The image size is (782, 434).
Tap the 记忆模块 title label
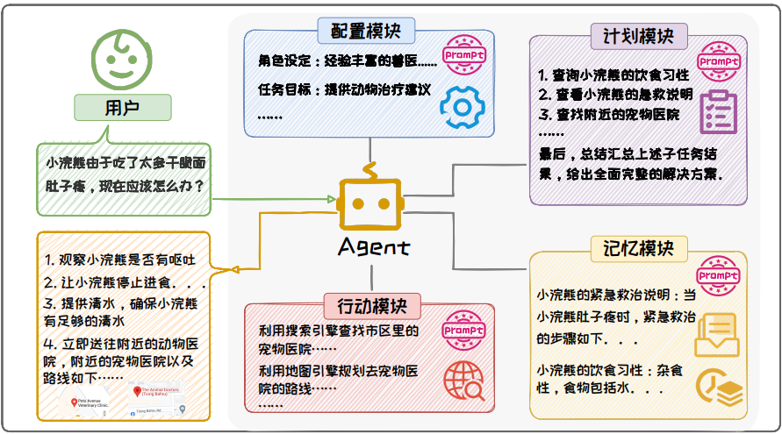(638, 249)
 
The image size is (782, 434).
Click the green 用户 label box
(121, 107)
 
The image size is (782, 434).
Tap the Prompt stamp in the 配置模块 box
(464, 56)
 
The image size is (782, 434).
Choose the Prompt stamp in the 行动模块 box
(464, 331)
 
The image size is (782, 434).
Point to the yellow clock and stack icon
(714, 388)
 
